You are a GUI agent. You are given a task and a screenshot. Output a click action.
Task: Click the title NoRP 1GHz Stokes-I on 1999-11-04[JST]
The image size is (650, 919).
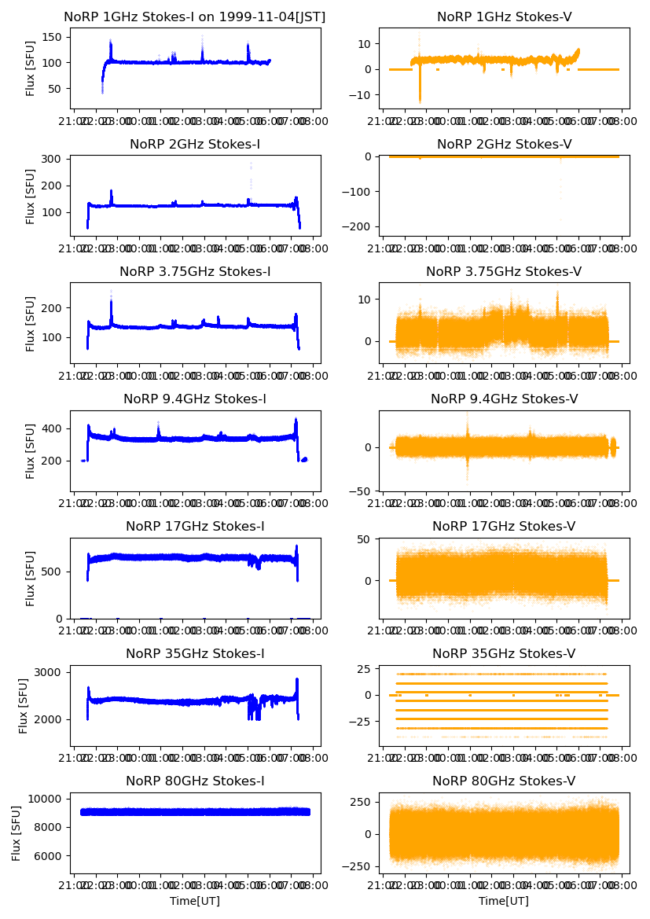click(x=195, y=17)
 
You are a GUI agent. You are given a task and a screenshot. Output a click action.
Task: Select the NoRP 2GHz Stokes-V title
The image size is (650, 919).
click(x=504, y=144)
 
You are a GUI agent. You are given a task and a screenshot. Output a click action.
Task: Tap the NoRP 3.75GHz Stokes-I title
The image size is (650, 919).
click(x=195, y=271)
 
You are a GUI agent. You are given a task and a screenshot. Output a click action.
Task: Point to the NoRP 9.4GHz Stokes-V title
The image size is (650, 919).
click(x=504, y=399)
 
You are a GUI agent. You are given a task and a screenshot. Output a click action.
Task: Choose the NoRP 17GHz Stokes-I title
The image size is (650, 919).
click(x=195, y=526)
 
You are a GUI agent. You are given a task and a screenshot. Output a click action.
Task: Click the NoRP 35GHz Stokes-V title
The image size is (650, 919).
click(x=504, y=653)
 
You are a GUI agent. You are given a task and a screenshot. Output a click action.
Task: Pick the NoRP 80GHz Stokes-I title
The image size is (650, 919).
click(x=195, y=781)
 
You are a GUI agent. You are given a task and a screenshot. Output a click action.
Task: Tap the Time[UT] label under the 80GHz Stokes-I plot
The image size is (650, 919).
click(x=195, y=901)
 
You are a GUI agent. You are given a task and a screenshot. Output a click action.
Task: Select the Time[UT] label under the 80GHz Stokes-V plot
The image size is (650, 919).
click(x=504, y=901)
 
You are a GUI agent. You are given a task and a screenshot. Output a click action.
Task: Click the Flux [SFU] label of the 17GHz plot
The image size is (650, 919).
click(x=31, y=578)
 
